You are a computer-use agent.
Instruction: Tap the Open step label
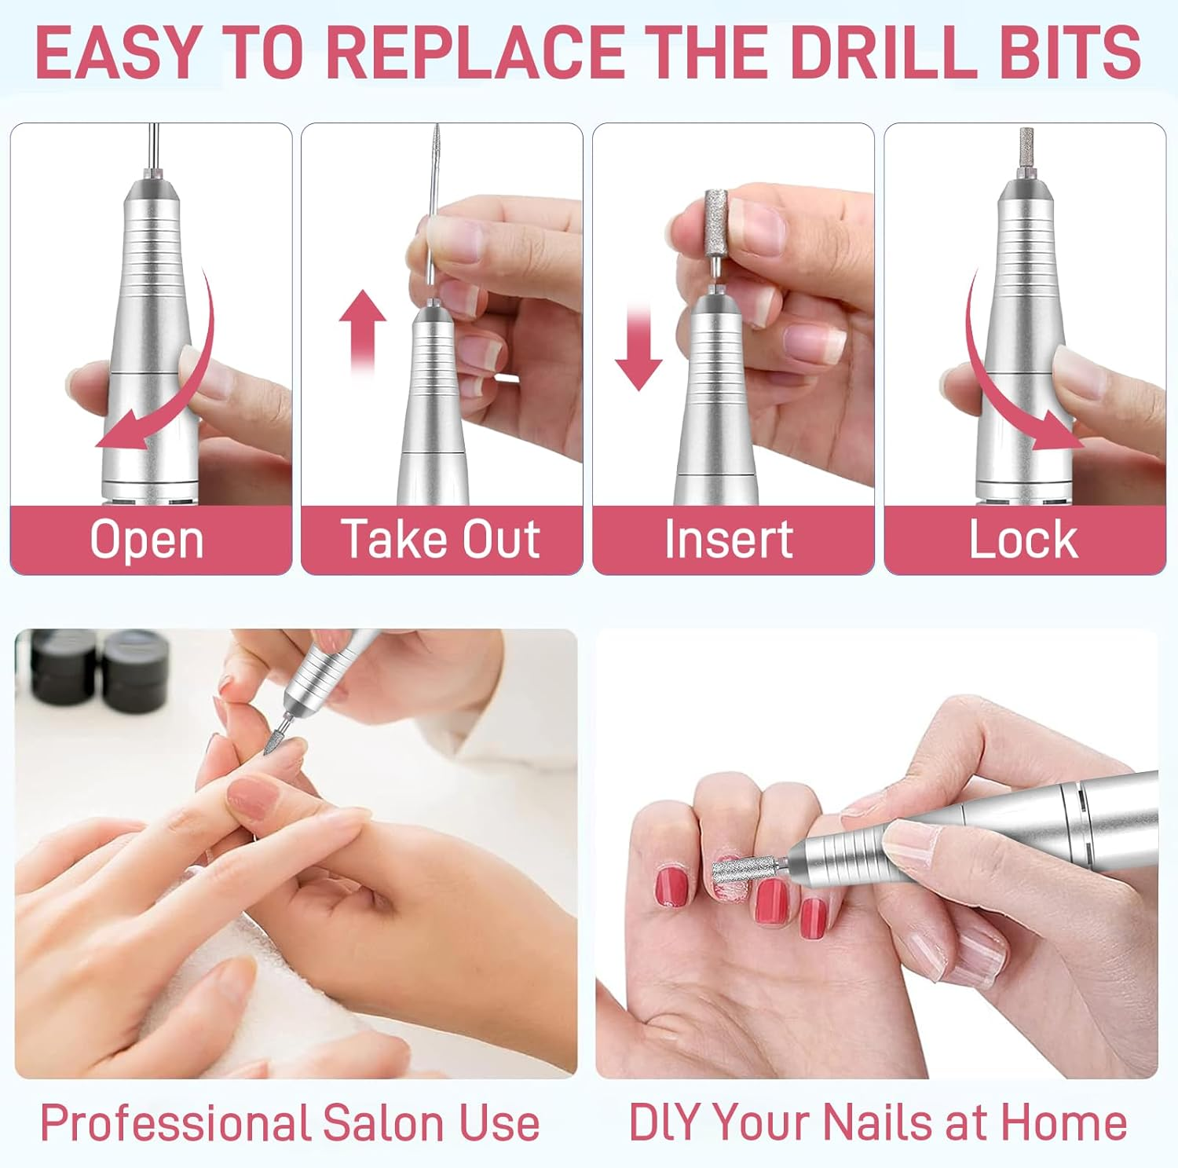click(147, 540)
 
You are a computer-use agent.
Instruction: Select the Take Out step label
click(441, 540)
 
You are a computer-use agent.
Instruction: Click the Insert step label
click(729, 540)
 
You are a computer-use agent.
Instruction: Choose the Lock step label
click(1023, 540)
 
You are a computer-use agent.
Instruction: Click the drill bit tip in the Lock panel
click(1024, 149)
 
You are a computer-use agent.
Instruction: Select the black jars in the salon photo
click(102, 668)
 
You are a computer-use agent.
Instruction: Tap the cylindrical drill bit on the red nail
click(741, 871)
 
